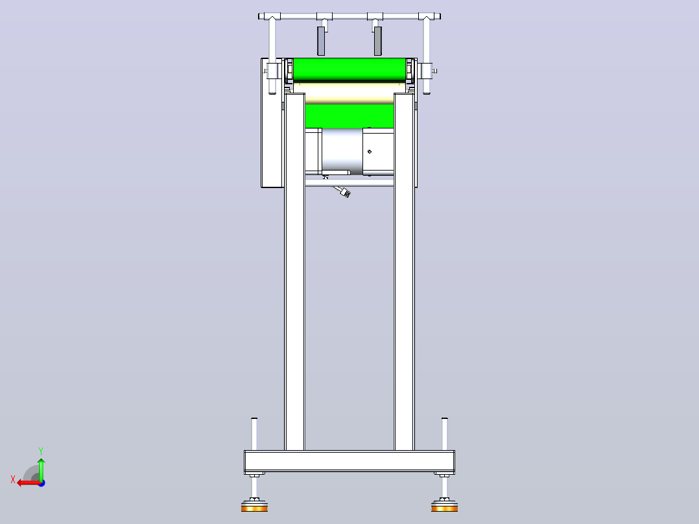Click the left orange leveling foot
click(x=254, y=507)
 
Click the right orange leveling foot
click(x=444, y=507)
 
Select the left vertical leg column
click(x=294, y=272)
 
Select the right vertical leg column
click(x=405, y=272)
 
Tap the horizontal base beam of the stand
click(x=349, y=462)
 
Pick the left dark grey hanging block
click(x=321, y=41)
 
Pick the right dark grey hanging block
click(x=377, y=41)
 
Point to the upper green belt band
click(x=349, y=69)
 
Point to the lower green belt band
click(x=349, y=116)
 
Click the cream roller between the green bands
click(x=349, y=93)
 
